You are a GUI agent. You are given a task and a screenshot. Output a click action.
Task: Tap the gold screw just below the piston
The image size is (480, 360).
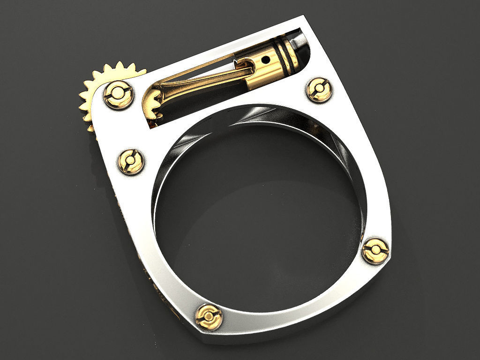319,89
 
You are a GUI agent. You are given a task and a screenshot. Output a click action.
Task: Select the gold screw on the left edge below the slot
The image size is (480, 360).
130,161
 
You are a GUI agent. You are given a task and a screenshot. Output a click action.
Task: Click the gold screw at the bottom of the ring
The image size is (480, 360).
209,316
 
